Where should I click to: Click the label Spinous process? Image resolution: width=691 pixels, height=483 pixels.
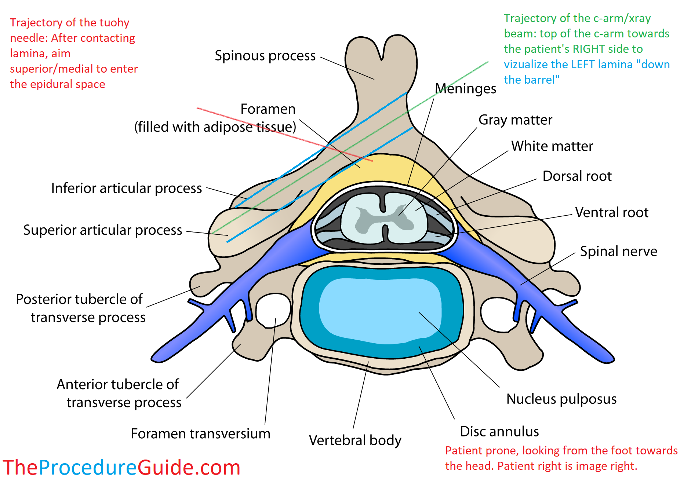pyautogui.click(x=265, y=56)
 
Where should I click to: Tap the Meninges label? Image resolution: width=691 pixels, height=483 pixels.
pyautogui.click(x=465, y=89)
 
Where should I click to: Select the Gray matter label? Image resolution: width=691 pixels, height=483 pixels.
pyautogui.click(x=515, y=120)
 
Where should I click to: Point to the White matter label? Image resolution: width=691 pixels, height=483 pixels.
pyautogui.click(x=552, y=146)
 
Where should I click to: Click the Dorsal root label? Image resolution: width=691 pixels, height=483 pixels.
pyautogui.click(x=577, y=176)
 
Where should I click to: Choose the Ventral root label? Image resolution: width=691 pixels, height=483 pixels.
pyautogui.click(x=612, y=212)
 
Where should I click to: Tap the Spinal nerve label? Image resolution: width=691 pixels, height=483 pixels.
pyautogui.click(x=618, y=251)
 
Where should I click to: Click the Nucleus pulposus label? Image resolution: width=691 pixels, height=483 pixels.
pyautogui.click(x=561, y=399)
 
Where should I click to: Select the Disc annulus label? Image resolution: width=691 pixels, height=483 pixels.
pyautogui.click(x=499, y=431)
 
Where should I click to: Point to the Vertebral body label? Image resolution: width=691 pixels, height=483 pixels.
pyautogui.click(x=355, y=440)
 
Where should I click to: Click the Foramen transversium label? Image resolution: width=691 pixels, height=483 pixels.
pyautogui.click(x=200, y=433)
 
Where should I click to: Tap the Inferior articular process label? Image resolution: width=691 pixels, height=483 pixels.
pyautogui.click(x=126, y=188)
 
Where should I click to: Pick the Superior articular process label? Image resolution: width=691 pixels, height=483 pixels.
pyautogui.click(x=102, y=230)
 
